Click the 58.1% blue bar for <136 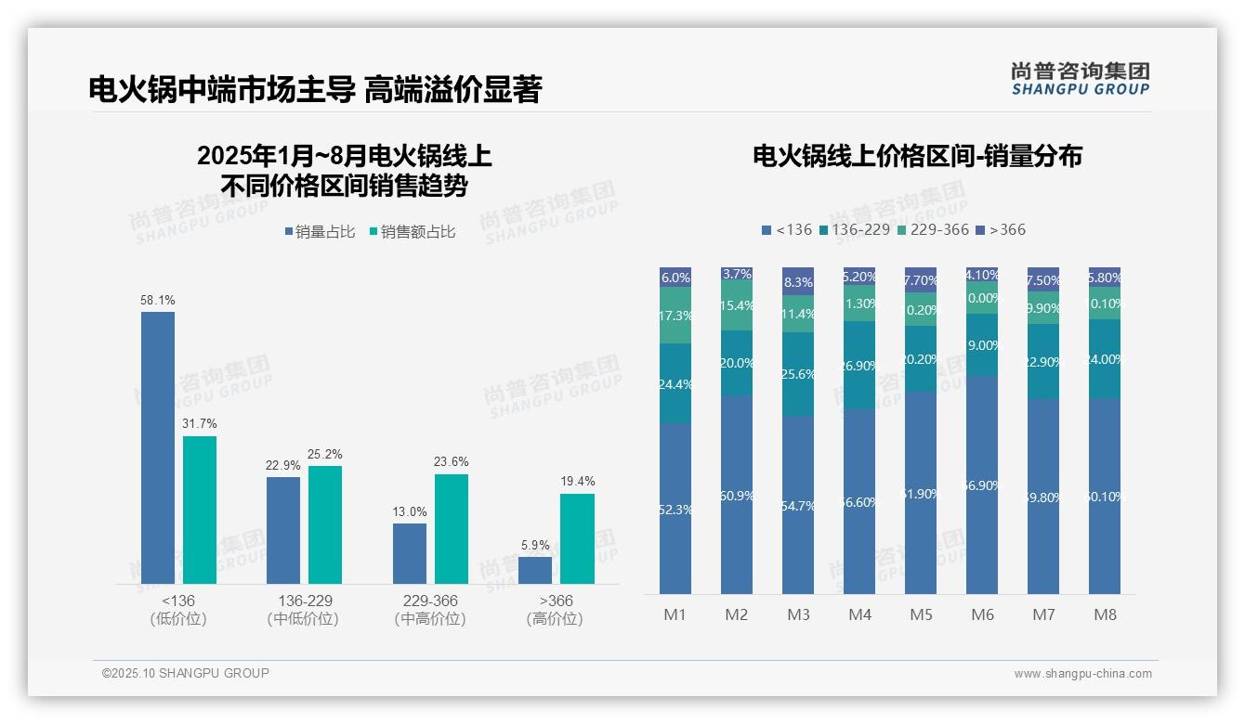[158, 447]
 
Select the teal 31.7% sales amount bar [200, 510]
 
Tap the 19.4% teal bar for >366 [577, 538]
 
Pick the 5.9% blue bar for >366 [535, 570]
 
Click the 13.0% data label [410, 511]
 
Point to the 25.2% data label [324, 454]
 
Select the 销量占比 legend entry [320, 232]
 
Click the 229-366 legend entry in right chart [933, 229]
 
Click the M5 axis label [921, 614]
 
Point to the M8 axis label [1105, 614]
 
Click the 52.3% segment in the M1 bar [675, 509]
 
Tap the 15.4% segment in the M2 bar [737, 306]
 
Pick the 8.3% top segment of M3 [798, 281]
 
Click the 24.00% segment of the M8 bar [1105, 358]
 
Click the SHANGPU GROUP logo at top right [1080, 79]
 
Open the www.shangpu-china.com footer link [1082, 674]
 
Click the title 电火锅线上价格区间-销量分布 [917, 156]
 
